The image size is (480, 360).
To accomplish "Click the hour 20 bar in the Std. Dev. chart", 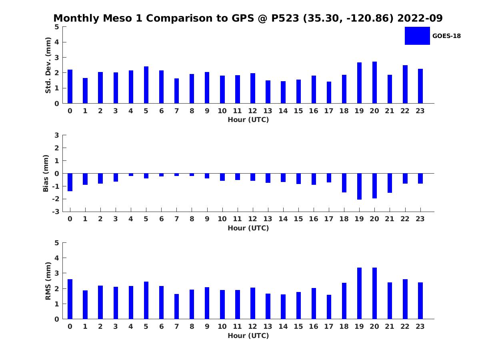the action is pos(374,82).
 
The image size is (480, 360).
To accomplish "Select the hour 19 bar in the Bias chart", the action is pos(359,186).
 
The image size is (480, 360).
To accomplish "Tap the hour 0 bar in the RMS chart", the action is pos(70,299).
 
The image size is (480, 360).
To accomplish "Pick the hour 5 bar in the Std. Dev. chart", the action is pos(146,85).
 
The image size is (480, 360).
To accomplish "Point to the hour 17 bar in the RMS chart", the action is pos(329,307).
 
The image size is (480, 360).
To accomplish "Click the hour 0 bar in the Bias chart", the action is pos(70,182).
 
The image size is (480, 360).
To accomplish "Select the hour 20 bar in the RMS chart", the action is pos(374,293).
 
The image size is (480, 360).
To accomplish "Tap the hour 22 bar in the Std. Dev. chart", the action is pos(405,84).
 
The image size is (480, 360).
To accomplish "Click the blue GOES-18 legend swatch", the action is pos(417,36).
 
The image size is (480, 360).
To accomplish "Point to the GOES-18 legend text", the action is pos(446,36).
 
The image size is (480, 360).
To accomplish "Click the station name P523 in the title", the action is pos(285,18).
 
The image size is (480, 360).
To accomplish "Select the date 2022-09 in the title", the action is pos(420,18).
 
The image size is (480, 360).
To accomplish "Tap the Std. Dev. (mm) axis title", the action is pos(48,65).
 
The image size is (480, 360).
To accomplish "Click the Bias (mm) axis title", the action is pos(46,173).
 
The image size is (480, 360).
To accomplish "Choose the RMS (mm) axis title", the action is pos(48,281).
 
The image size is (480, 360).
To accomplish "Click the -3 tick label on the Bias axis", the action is pos(56,212).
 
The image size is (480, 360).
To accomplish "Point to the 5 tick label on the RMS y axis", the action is pos(57,243).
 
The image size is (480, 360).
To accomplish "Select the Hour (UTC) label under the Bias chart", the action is pos(248,228).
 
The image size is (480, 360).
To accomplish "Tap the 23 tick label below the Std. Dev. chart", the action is pos(420,111).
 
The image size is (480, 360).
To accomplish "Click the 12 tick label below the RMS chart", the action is pos(252,326).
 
